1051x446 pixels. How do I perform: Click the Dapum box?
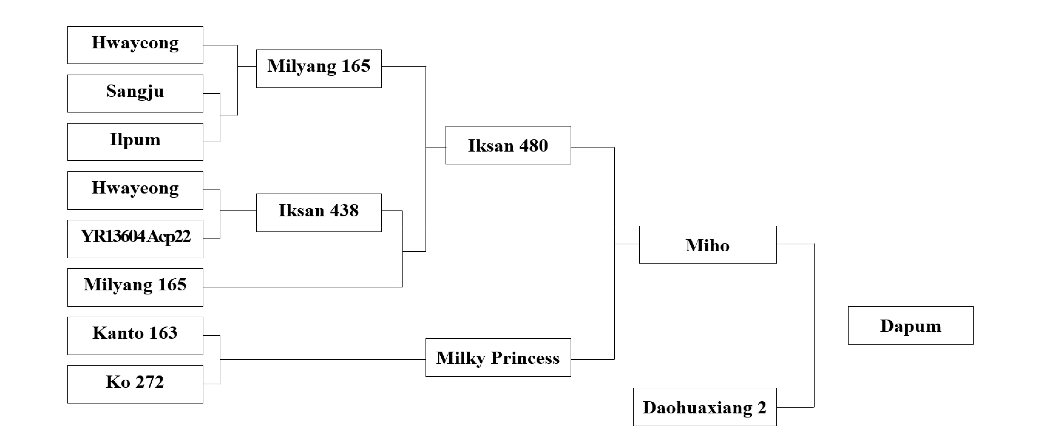pos(910,325)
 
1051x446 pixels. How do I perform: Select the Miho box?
pos(708,245)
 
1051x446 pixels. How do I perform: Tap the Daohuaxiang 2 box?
pos(705,407)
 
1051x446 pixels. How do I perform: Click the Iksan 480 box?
pos(508,145)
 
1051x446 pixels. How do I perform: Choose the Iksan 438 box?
pos(319,213)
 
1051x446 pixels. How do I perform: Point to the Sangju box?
pos(135,93)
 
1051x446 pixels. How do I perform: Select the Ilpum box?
pos(135,142)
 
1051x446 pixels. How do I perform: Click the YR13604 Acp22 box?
pos(135,239)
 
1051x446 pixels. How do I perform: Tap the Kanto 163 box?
pos(135,335)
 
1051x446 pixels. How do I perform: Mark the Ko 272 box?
pos(135,384)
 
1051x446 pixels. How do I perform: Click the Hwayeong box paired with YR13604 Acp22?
pos(135,190)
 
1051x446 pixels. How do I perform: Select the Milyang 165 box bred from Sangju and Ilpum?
pos(319,68)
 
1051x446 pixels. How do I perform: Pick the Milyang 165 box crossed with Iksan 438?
pos(135,287)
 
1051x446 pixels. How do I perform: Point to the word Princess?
pos(525,358)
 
